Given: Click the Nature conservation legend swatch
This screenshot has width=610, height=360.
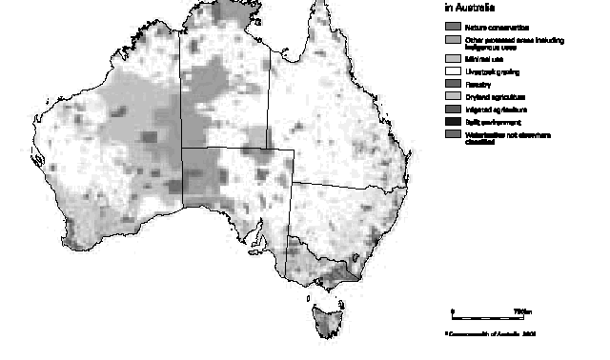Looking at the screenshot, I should tap(451, 28).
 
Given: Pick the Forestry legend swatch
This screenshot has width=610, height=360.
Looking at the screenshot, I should tap(451, 84).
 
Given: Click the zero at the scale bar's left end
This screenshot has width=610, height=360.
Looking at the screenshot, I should tap(453, 310).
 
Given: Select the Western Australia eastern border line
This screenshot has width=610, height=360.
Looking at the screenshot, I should tap(182, 114).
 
